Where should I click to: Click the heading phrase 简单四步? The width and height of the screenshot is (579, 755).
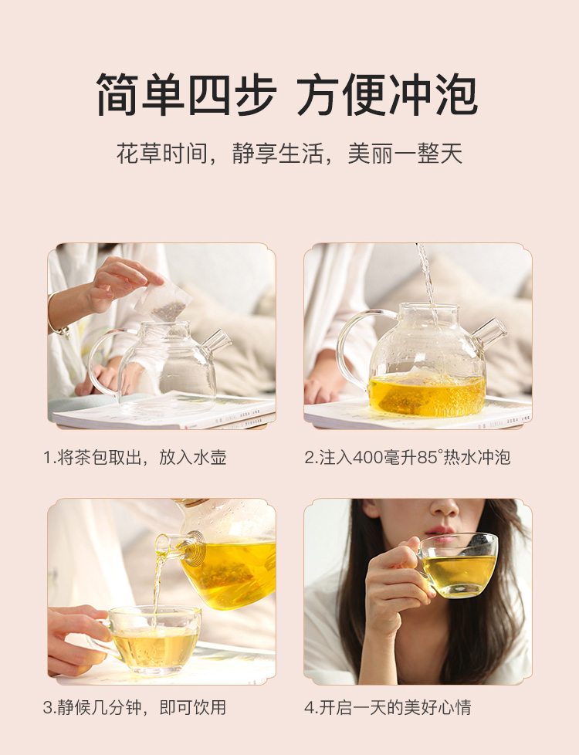(x=186, y=94)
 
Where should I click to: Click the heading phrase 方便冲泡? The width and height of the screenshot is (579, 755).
(x=388, y=94)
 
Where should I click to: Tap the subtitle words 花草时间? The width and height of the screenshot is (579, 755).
(x=162, y=154)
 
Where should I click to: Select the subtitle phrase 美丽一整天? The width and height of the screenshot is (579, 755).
(x=405, y=154)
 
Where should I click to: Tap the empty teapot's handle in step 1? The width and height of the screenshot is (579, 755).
(x=102, y=359)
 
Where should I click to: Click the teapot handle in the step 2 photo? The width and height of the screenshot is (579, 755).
(x=355, y=343)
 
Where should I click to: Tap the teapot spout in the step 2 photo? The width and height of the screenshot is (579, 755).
(x=489, y=332)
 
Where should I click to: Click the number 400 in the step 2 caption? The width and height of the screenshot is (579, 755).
(x=368, y=458)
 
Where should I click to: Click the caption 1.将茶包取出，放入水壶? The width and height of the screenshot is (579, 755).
(x=135, y=458)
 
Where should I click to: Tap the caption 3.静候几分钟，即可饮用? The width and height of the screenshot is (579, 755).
(x=135, y=707)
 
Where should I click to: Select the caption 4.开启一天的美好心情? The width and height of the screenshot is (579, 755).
(x=388, y=707)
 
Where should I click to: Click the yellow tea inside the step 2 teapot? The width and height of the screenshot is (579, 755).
(x=427, y=394)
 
